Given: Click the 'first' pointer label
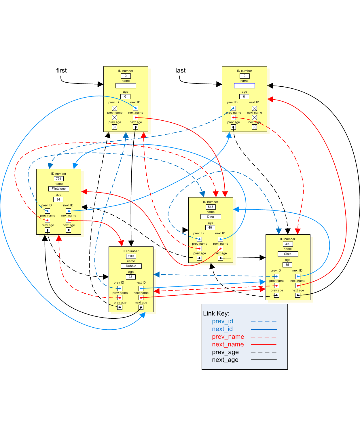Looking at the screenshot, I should (61, 71).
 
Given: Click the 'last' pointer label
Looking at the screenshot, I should (181, 71).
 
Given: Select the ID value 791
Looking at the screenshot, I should (59, 179).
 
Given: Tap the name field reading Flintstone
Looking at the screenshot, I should (59, 189).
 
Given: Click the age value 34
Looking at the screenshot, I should (58, 200).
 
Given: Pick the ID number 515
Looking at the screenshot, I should (211, 207).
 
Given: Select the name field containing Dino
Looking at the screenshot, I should (211, 217).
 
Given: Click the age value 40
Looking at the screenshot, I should (210, 228).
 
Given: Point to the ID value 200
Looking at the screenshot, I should (131, 256).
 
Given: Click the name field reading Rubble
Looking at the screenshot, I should (131, 266).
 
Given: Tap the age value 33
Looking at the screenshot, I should (131, 277).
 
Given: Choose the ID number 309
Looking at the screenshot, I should (288, 244).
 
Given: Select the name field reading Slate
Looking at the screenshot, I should (288, 254).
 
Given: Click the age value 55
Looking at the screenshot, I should (287, 265).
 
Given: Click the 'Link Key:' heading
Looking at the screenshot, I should (216, 314).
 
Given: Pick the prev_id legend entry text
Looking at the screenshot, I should (222, 321).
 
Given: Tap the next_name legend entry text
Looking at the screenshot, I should (228, 345).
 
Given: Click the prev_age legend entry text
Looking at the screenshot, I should (225, 352).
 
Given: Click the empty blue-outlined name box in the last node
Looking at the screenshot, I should (245, 86).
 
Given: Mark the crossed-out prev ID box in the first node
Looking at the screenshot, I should (115, 108).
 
